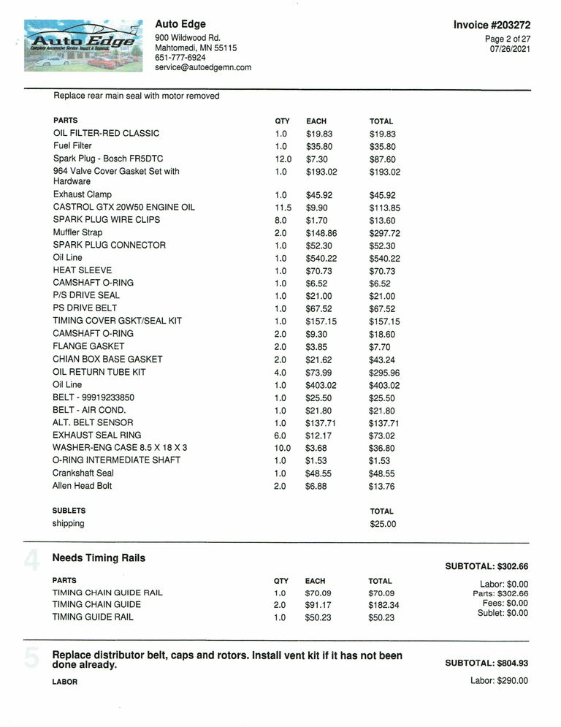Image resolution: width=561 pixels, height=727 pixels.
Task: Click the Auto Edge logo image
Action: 83,45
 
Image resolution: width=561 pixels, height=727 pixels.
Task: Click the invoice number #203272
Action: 492,25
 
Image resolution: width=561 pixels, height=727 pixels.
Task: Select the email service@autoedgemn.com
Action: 203,67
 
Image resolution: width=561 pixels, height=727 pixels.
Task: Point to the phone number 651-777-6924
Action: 180,57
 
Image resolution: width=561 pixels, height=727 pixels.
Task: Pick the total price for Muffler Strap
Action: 386,233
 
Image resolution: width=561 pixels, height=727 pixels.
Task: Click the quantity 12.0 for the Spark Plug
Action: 283,159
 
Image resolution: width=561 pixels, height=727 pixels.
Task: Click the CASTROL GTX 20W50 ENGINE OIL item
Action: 124,207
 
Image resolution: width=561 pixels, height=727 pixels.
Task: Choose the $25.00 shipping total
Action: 383,524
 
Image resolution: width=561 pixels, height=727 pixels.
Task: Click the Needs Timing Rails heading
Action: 99,558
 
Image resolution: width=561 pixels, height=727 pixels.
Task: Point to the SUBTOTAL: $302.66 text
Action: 486,566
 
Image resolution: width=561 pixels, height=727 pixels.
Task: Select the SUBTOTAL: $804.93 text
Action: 486,663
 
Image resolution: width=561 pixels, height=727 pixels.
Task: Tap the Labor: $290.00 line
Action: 499,681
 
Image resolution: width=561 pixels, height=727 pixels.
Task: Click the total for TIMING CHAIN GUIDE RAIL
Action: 381,593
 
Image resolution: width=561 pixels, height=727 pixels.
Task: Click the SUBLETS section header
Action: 69,511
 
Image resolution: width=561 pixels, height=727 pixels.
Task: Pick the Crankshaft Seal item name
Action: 83,473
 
